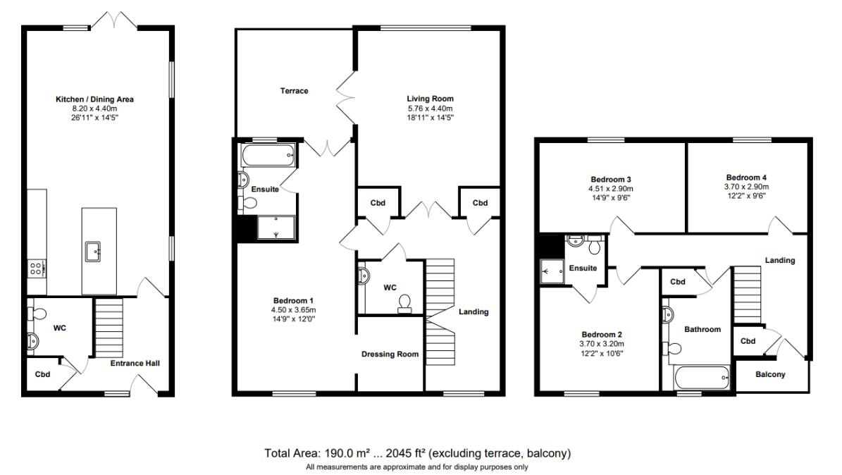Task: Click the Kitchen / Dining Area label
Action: pyautogui.click(x=94, y=99)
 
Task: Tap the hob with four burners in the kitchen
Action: pyautogui.click(x=37, y=268)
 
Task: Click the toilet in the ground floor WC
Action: pyautogui.click(x=36, y=314)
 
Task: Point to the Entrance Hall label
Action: pyautogui.click(x=135, y=363)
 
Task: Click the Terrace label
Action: pyautogui.click(x=295, y=91)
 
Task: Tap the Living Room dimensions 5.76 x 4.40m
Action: pyautogui.click(x=430, y=108)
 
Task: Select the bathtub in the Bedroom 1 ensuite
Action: pyautogui.click(x=268, y=155)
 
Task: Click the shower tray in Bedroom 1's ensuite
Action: pyautogui.click(x=276, y=228)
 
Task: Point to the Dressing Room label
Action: pyautogui.click(x=390, y=354)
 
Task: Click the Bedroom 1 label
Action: pyautogui.click(x=293, y=301)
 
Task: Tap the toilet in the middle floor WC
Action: pyautogui.click(x=405, y=304)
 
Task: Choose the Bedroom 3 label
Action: pyautogui.click(x=611, y=180)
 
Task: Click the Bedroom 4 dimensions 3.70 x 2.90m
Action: pyautogui.click(x=746, y=187)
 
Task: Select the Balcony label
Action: pyautogui.click(x=770, y=374)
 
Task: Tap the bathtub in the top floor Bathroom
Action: pyautogui.click(x=701, y=378)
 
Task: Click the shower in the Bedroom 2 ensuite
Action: pyautogui.click(x=552, y=271)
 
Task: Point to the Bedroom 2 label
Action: pyautogui.click(x=602, y=335)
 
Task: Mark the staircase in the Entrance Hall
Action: pyautogui.click(x=109, y=328)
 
